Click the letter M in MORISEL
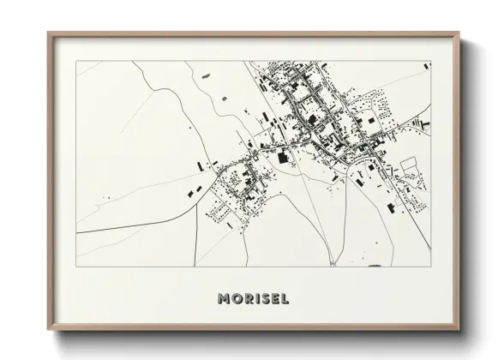(x=224, y=299)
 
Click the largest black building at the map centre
(x=283, y=157)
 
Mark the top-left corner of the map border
(x=76, y=61)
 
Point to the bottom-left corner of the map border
(x=76, y=266)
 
